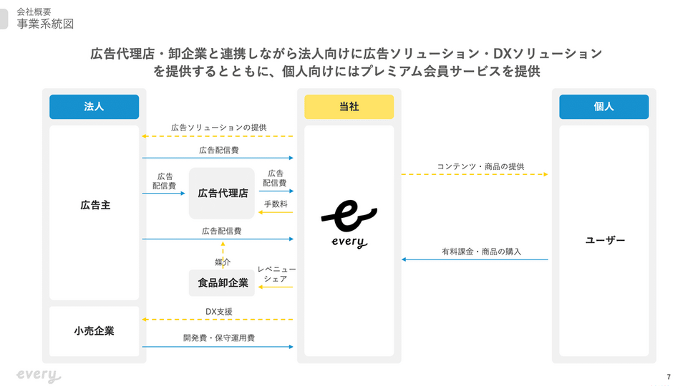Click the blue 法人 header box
pyautogui.click(x=94, y=107)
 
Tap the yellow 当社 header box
pyautogui.click(x=349, y=107)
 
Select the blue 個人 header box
pyautogui.click(x=604, y=107)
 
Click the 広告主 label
pyautogui.click(x=95, y=206)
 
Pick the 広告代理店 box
pyautogui.click(x=222, y=194)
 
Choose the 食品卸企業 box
pyautogui.click(x=222, y=283)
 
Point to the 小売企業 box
pyautogui.click(x=94, y=331)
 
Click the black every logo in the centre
pyautogui.click(x=349, y=224)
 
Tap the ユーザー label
pyautogui.click(x=605, y=240)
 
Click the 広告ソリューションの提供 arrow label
pyautogui.click(x=219, y=128)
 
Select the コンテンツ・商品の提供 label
pyautogui.click(x=481, y=166)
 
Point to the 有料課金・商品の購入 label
pyautogui.click(x=482, y=252)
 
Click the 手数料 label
pyautogui.click(x=276, y=204)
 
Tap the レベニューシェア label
pyautogui.click(x=276, y=274)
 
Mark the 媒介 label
pyautogui.click(x=223, y=262)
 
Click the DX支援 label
pyautogui.click(x=219, y=312)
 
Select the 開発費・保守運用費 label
pyautogui.click(x=219, y=338)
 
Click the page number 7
pyautogui.click(x=669, y=377)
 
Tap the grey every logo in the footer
pyautogui.click(x=39, y=376)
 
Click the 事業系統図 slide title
pyautogui.click(x=45, y=24)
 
